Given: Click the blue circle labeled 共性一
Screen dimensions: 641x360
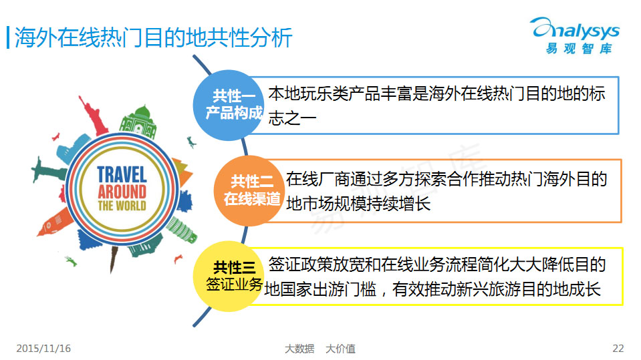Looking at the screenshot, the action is (x=228, y=106).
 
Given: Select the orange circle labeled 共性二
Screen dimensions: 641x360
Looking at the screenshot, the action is (x=249, y=191).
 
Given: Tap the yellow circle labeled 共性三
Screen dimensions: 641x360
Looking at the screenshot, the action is (x=228, y=277).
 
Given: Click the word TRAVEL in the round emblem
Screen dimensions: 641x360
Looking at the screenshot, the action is (x=122, y=174).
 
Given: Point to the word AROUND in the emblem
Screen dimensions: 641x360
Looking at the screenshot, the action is (x=122, y=191).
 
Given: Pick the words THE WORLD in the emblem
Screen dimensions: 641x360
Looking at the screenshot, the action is (x=122, y=205).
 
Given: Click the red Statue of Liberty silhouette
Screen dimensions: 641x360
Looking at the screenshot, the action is (x=93, y=116).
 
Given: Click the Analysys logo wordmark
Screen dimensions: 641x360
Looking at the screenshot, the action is (x=575, y=30).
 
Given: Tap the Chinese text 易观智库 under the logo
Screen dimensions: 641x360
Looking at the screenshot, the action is (x=579, y=49).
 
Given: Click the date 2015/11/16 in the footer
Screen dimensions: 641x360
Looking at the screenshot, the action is (x=43, y=349).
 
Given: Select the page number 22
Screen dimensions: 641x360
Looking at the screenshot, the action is (x=618, y=349).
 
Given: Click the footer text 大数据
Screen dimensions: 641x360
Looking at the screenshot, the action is (x=299, y=349).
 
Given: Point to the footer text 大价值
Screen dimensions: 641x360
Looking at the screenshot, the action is (x=340, y=349).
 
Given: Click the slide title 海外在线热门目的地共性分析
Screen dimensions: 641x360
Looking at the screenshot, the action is (x=153, y=37).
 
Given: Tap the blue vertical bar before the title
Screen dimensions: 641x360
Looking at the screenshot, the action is (x=8, y=37).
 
